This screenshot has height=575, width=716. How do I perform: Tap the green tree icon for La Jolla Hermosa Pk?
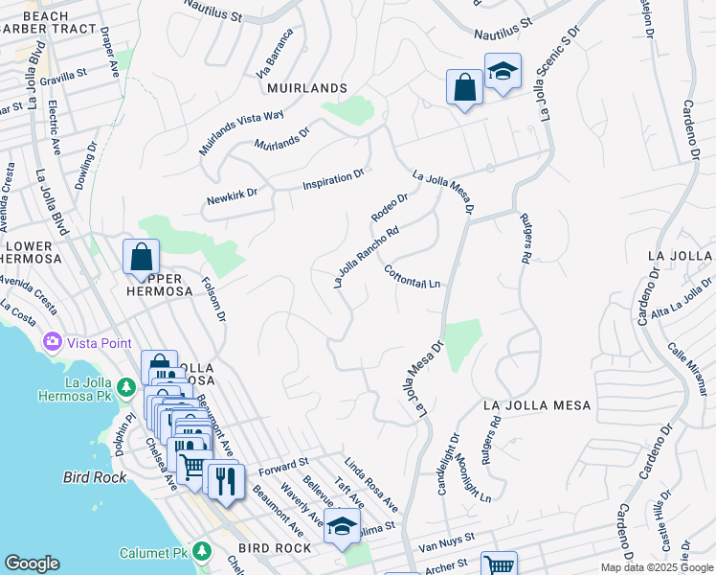click(125, 387)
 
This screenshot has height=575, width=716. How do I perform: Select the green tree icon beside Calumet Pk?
click(201, 551)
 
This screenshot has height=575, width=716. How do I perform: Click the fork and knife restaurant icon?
click(226, 479)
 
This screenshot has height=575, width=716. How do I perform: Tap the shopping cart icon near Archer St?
click(498, 565)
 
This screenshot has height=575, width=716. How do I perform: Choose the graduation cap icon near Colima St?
click(342, 525)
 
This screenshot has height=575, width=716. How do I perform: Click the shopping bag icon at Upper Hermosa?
click(141, 257)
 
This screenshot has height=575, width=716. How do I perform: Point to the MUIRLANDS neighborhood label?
click(307, 88)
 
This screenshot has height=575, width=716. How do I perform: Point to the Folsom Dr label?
click(214, 299)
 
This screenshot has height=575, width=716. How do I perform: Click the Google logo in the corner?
click(32, 563)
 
